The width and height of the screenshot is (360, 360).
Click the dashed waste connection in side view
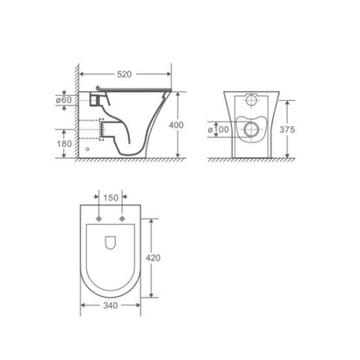point(104,131)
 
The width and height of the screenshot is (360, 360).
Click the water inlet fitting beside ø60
point(96,100)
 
